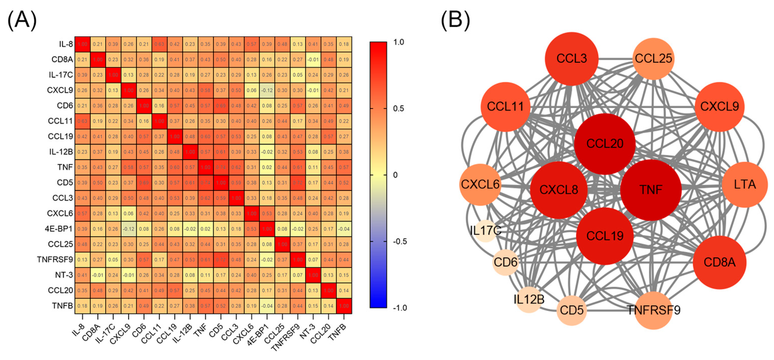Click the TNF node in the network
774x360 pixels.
pos(651,190)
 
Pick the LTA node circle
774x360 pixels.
pos(744,184)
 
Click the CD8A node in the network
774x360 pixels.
pos(719,263)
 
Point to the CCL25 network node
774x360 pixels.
pos(653,59)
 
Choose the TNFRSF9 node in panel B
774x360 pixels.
pos(653,310)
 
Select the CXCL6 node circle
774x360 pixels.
pos(480,184)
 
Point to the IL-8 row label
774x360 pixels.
pos(66,44)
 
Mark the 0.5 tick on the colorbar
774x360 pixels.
pos(399,108)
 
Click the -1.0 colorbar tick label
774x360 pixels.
pos(400,308)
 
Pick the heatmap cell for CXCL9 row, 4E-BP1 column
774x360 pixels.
pos(267,90)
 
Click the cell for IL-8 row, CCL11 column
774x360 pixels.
pos(159,44)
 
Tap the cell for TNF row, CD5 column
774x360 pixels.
pos(221,167)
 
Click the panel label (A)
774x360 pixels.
pos(22,20)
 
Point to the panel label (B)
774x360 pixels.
pos(455,20)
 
